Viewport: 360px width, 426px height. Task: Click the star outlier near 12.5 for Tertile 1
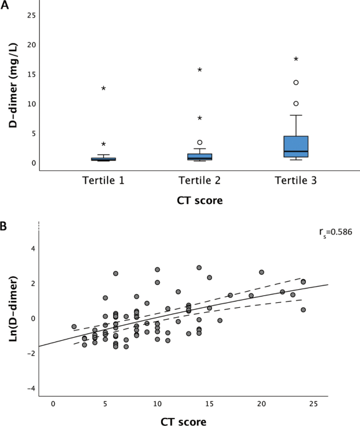(103, 88)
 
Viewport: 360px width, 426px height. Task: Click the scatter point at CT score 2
(74, 326)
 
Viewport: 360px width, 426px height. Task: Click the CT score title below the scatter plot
(183, 420)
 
